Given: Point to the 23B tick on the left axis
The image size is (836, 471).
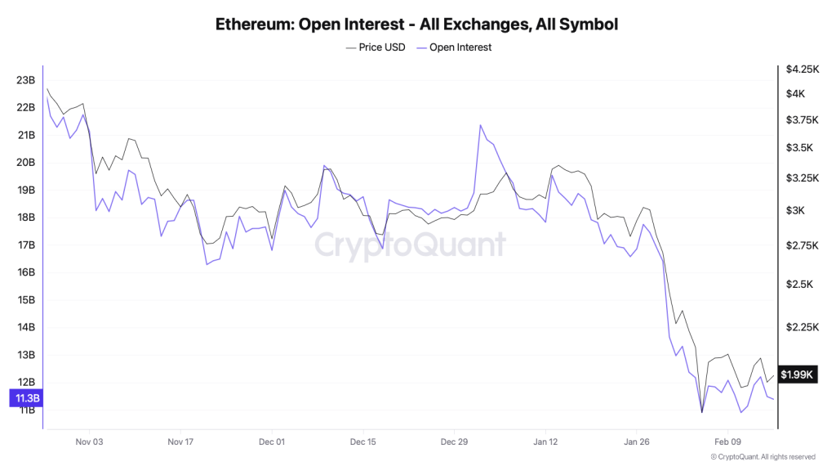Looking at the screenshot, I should [25, 80].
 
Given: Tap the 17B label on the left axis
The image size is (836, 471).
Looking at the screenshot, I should [25, 245].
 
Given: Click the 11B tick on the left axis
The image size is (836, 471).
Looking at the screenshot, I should [25, 410].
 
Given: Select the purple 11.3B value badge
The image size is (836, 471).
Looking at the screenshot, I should [25, 398].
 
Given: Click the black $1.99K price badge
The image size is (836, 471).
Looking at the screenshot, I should [797, 375].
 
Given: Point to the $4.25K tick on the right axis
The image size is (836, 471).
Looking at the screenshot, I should [800, 70].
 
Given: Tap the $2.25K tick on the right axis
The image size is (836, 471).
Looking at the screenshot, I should [800, 327].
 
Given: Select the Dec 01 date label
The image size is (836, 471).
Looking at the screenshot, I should [272, 442].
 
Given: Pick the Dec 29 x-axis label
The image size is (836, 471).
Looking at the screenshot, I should [454, 442].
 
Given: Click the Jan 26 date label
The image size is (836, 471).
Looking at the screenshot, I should [636, 442].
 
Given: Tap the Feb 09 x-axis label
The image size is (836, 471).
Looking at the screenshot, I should [727, 442].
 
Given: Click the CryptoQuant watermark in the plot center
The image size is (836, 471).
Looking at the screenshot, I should [411, 244].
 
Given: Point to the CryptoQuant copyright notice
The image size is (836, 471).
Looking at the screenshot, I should [752, 457].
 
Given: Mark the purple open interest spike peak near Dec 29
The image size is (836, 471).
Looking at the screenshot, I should [480, 125].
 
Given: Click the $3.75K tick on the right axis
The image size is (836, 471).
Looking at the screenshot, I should [800, 120].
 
